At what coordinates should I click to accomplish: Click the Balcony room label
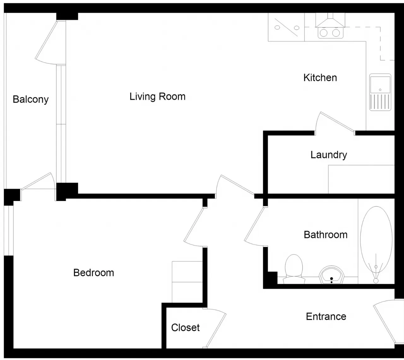click(31, 99)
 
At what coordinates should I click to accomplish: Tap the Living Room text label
click(157, 97)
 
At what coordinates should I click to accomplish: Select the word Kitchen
click(320, 78)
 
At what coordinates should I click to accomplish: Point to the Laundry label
click(329, 155)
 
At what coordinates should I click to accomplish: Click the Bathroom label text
click(326, 235)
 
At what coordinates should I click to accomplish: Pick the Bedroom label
click(94, 273)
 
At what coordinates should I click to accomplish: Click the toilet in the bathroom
click(294, 269)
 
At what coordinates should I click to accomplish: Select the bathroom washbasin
click(331, 275)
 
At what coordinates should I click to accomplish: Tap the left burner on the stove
click(324, 33)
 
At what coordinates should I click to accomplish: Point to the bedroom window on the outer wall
click(9, 230)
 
